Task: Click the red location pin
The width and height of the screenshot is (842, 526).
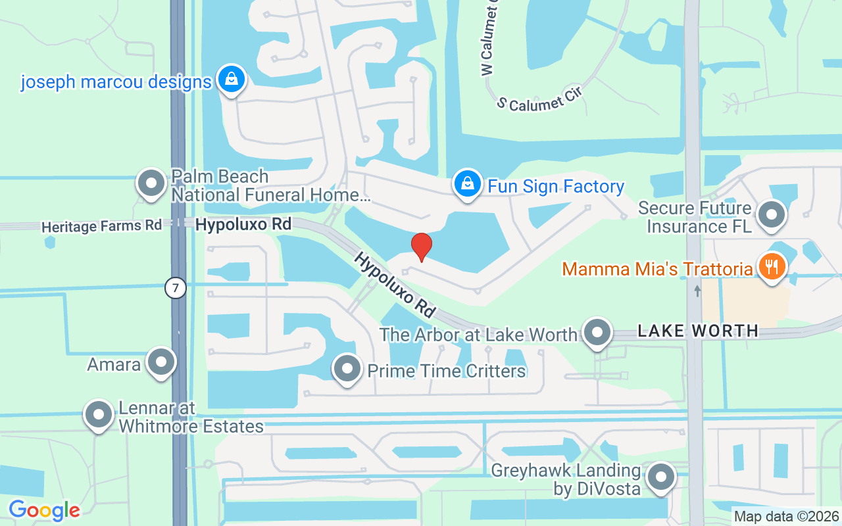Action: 422,247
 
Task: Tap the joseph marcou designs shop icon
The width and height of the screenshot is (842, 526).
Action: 231,80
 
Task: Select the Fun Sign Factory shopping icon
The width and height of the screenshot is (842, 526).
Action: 466,183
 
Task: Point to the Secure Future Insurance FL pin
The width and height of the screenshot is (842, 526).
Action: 772,215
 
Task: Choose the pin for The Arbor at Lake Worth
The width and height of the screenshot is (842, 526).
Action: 597,332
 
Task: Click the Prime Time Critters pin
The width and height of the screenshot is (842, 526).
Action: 347,369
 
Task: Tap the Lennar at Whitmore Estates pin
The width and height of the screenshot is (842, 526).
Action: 99,414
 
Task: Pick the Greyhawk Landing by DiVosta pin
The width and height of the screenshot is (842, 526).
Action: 661,478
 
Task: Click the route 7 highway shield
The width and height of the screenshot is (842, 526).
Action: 176,287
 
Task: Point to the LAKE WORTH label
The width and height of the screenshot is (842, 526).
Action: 698,331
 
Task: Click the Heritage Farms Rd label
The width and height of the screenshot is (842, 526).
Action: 101,226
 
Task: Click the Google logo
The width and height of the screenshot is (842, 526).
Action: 44,510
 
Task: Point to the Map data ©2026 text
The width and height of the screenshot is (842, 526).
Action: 787,517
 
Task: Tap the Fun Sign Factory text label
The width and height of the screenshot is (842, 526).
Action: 555,187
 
